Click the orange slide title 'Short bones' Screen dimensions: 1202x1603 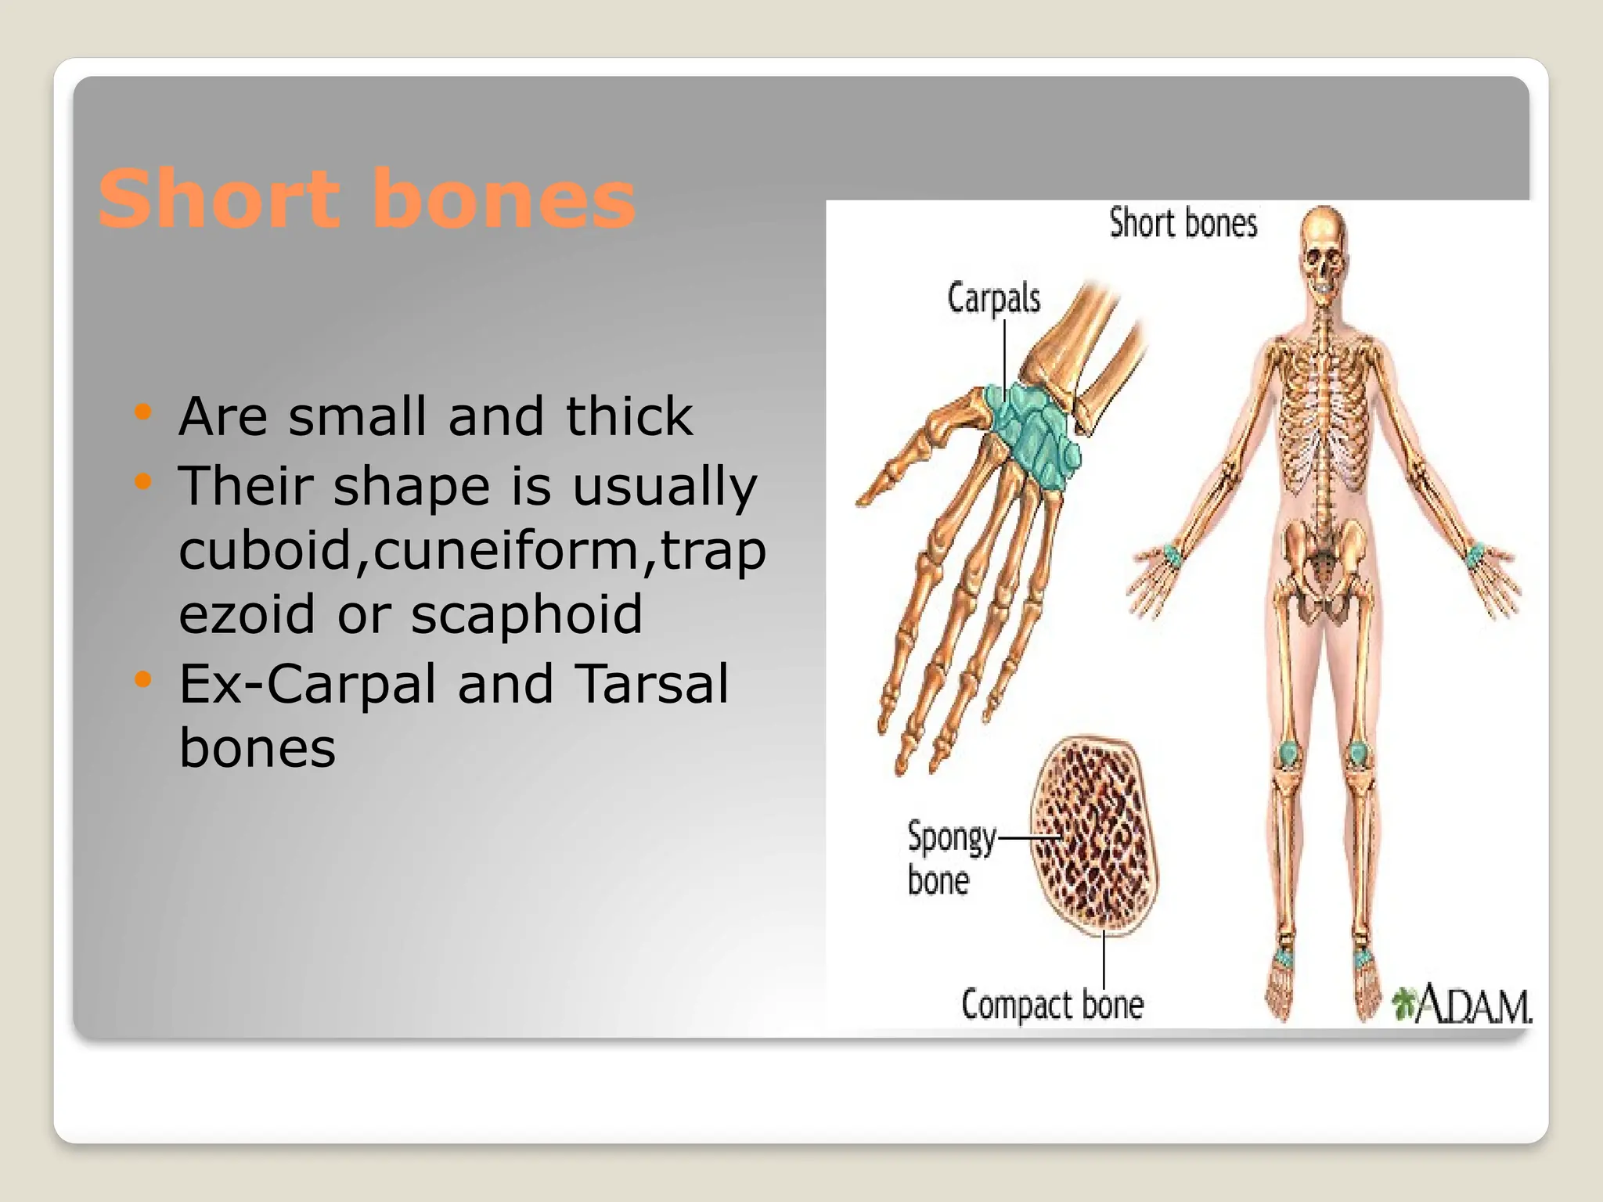coord(366,200)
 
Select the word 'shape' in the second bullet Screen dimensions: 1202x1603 coord(412,486)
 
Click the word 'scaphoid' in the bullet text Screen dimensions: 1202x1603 coord(526,614)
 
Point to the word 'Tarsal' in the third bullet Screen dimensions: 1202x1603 coord(651,684)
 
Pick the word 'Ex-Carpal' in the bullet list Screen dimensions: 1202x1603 coord(308,684)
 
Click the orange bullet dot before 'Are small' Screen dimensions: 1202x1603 coord(142,412)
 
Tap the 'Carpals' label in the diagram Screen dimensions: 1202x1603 coord(993,299)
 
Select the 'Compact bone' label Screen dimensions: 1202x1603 coord(1052,1005)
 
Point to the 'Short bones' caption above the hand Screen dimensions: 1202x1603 coord(1183,223)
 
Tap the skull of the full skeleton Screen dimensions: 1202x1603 coord(1322,250)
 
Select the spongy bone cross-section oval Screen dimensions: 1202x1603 coord(1094,836)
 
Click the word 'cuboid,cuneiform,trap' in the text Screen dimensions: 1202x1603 coord(472,550)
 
